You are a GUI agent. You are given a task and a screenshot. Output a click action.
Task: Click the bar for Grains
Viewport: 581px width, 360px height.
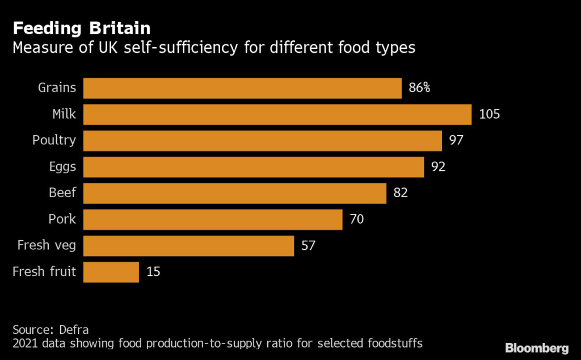tap(242, 88)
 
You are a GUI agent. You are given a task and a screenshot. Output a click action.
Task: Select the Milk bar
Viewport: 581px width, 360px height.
tap(277, 114)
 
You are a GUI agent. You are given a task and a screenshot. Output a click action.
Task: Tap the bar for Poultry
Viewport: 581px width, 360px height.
tap(263, 140)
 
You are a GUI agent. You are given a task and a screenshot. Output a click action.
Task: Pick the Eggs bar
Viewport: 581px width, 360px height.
tap(254, 167)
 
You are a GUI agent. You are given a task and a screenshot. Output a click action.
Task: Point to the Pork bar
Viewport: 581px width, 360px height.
tap(213, 219)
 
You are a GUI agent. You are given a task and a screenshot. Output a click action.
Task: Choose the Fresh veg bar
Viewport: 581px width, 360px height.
tap(188, 246)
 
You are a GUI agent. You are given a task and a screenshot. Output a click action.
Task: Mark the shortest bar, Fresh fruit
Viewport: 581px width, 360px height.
tap(111, 272)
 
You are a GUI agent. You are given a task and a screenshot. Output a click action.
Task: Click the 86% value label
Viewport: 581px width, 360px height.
tap(419, 88)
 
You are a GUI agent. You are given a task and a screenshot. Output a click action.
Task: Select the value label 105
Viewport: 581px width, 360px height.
tap(489, 114)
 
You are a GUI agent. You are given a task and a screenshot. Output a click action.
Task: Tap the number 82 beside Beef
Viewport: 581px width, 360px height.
tap(401, 193)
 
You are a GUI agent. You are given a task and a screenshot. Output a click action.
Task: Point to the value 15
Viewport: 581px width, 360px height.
tap(153, 272)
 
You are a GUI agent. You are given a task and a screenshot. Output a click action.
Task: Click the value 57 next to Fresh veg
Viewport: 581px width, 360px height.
tap(308, 246)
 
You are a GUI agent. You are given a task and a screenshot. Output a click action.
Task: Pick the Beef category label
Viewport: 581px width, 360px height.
tap(62, 193)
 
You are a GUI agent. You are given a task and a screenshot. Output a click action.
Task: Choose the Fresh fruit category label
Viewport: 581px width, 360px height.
tap(44, 272)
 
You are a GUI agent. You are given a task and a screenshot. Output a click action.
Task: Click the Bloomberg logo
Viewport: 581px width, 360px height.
tap(536, 347)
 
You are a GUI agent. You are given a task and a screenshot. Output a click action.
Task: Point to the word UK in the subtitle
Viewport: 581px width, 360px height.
tap(108, 48)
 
